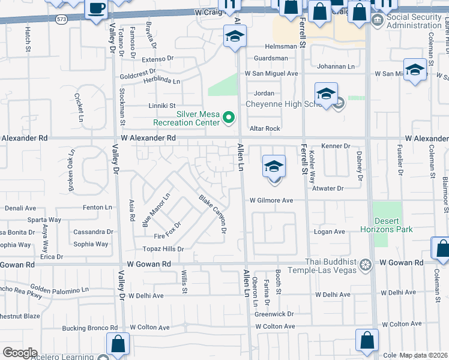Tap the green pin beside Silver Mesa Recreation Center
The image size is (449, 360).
[x=228, y=118]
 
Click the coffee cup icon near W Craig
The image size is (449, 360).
[x=96, y=9]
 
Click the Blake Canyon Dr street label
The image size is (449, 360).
[x=214, y=214]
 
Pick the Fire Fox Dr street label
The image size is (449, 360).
[x=167, y=233]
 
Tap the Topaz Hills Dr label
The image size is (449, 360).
[x=162, y=249]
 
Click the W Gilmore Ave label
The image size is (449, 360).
[x=271, y=200]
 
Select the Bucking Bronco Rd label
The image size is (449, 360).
[x=90, y=328]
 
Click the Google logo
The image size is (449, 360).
[x=20, y=353]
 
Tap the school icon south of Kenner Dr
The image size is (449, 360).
[x=273, y=166]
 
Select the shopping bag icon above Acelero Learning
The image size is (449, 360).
[x=118, y=344]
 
